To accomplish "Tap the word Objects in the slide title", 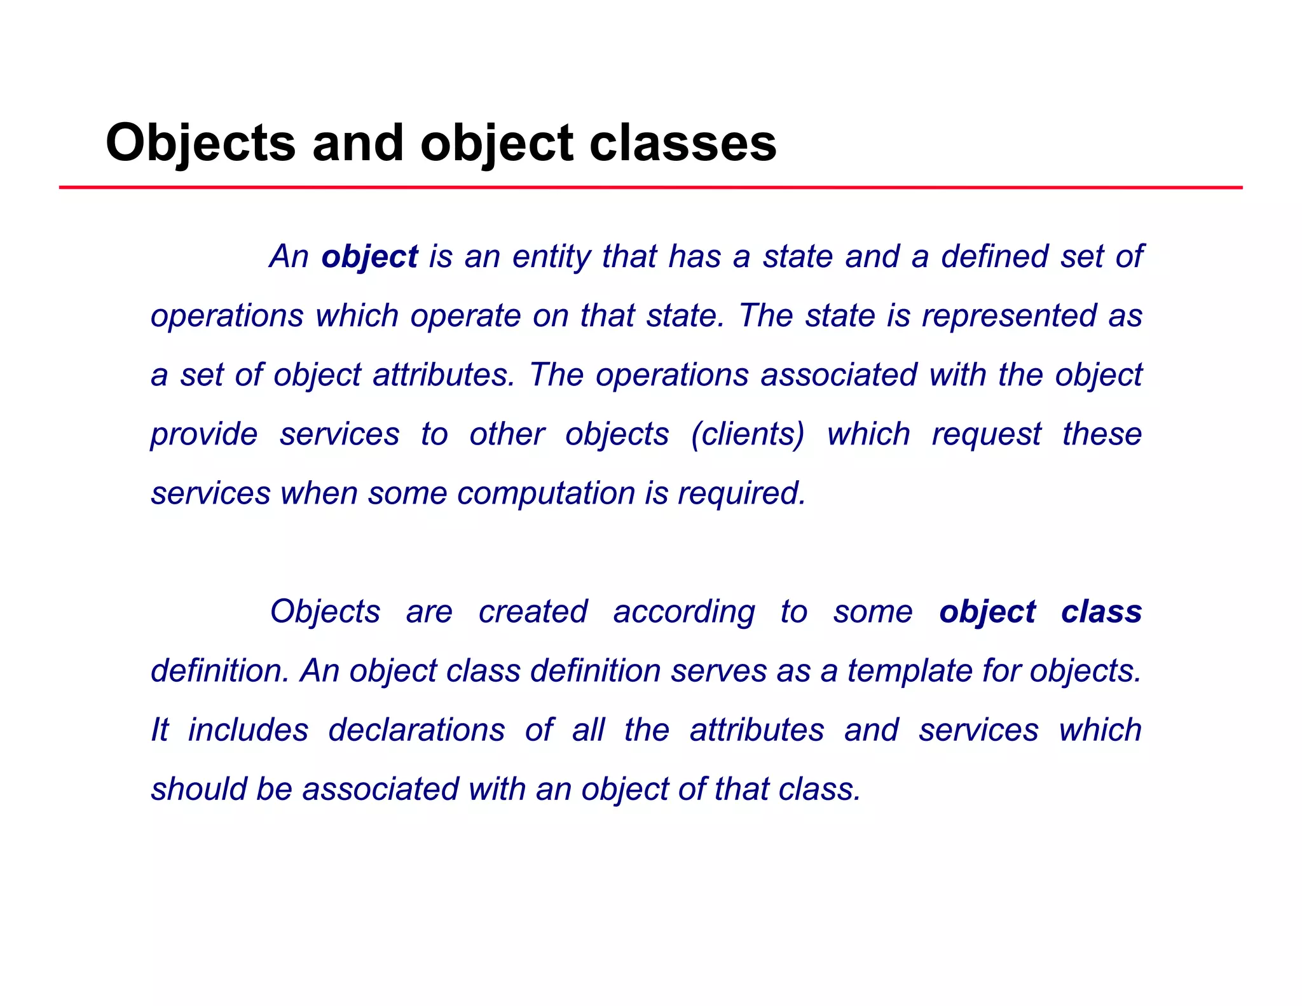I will point(201,143).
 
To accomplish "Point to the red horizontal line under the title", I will point(651,188).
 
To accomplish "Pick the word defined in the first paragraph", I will point(995,256).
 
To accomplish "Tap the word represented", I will point(1009,316).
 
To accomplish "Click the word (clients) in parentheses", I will point(748,435).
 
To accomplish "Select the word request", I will point(986,435).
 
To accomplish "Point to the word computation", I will point(545,493).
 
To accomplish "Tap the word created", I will point(533,612).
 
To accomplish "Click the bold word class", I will point(1101,612).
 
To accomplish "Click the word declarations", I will point(416,730).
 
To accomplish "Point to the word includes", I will point(248,730).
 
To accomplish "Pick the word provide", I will point(204,435).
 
